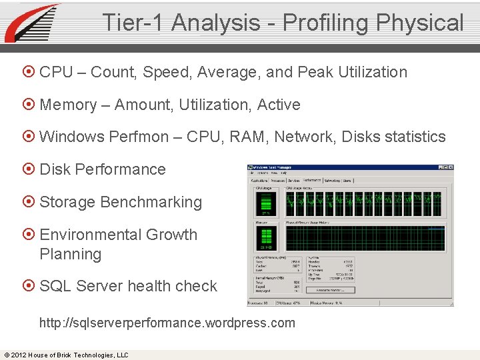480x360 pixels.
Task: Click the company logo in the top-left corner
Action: coord(31,23)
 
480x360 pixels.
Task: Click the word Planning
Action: coord(70,254)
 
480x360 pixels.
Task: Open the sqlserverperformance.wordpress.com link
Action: coord(167,323)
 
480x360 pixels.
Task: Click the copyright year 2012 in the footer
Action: coord(19,355)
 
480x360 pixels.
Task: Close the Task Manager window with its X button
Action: coord(450,167)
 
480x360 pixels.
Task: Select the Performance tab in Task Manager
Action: coord(311,180)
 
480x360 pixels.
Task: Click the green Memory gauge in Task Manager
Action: coord(266,237)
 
